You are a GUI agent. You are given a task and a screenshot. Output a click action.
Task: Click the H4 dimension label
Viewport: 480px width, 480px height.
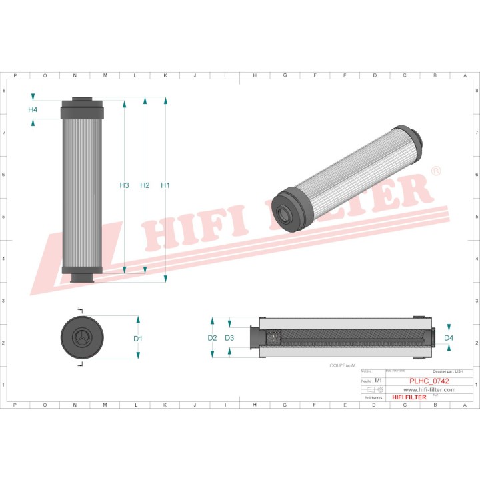coord(33,109)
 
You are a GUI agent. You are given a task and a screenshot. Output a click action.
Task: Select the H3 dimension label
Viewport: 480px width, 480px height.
coord(124,185)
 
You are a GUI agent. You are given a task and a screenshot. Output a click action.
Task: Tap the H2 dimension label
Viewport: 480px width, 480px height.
coord(145,185)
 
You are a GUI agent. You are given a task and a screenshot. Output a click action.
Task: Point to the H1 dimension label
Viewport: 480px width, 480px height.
coord(165,185)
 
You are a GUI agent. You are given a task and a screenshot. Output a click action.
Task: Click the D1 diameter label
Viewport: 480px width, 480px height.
coord(138,339)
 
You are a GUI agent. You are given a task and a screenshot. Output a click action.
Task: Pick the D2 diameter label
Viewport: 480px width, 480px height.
coord(212,338)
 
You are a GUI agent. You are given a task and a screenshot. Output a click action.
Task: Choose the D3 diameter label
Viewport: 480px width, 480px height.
coord(229,338)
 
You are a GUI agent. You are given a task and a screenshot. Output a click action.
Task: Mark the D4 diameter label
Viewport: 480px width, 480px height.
coord(449,338)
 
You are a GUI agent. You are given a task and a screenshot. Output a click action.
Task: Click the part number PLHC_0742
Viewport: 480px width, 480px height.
coord(427,381)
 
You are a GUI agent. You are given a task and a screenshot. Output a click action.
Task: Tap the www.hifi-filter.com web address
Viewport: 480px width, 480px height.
coord(429,389)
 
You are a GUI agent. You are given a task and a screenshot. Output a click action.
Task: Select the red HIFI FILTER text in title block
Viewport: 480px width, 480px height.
coord(409,397)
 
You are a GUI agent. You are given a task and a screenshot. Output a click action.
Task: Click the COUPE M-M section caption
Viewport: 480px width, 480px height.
coord(343,365)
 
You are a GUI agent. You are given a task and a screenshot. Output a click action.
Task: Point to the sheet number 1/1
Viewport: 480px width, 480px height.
coord(378,380)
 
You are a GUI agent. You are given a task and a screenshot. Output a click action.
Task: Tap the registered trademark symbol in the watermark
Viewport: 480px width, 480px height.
coord(435,171)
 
